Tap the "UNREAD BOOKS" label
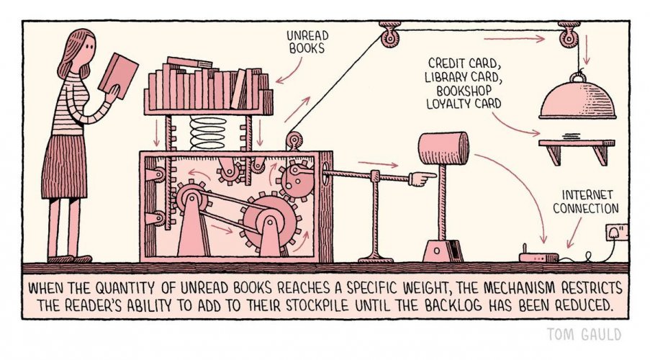click(307, 42)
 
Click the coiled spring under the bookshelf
click(208, 132)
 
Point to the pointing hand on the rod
click(422, 179)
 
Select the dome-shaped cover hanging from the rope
click(577, 99)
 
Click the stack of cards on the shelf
click(572, 137)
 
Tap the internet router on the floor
click(539, 256)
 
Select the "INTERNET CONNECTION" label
click(586, 202)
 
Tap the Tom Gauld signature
click(584, 334)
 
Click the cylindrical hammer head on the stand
click(443, 148)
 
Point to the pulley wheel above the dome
click(569, 38)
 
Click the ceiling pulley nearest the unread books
click(389, 37)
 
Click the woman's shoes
click(70, 259)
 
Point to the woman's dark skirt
click(65, 167)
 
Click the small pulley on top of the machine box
click(294, 140)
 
